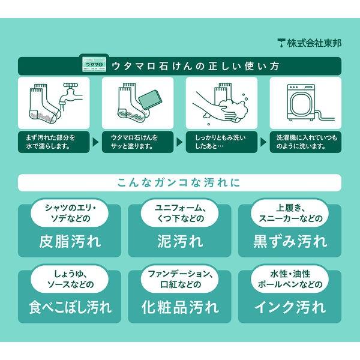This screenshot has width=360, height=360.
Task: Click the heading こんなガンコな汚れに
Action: click(179, 182)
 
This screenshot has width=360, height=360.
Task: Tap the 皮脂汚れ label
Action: click(69, 242)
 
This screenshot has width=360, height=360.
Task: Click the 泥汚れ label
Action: click(180, 242)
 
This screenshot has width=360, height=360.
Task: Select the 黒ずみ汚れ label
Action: click(290, 242)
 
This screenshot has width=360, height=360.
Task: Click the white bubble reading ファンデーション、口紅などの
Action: click(180, 280)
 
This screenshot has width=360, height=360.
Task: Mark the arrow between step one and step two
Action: click(94, 142)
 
